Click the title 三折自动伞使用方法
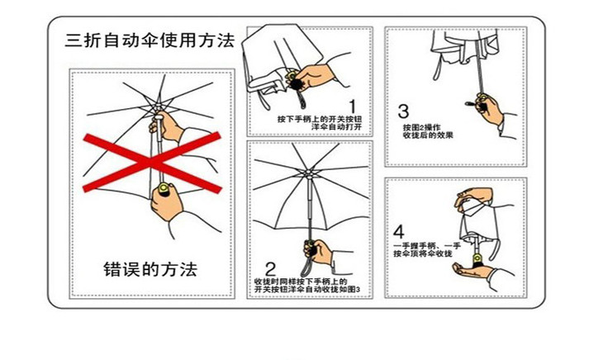(150, 39)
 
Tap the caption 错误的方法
(150, 269)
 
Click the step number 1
(351, 106)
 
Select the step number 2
(269, 269)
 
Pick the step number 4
(399, 232)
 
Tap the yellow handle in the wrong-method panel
(164, 192)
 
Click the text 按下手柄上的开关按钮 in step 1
(319, 119)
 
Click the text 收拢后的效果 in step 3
(426, 136)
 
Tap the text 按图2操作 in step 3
(418, 127)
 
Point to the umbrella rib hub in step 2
(306, 175)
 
